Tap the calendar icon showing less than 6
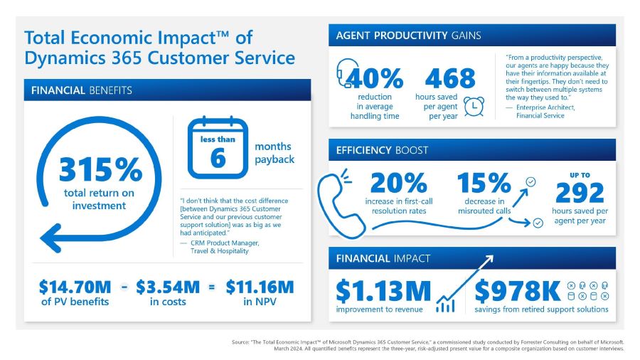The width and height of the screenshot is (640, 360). click(217, 148)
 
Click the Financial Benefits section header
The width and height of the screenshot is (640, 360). click(81, 90)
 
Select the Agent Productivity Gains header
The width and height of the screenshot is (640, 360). click(409, 36)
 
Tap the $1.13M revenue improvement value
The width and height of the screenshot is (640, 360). click(383, 290)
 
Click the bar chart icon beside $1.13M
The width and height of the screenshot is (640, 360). click(445, 305)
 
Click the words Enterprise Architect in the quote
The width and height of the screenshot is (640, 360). click(544, 107)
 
